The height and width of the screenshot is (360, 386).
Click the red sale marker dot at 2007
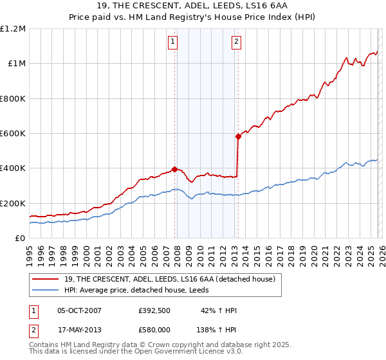pos(174,170)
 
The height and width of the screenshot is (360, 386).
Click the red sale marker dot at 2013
pos(238,136)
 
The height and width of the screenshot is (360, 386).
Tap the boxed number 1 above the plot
pos(174,42)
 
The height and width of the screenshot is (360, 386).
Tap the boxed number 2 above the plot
pos(237,42)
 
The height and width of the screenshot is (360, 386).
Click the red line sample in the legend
pos(46,279)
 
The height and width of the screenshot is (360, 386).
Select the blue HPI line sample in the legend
pos(46,290)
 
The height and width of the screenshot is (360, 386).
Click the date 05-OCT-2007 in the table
pos(79,310)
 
